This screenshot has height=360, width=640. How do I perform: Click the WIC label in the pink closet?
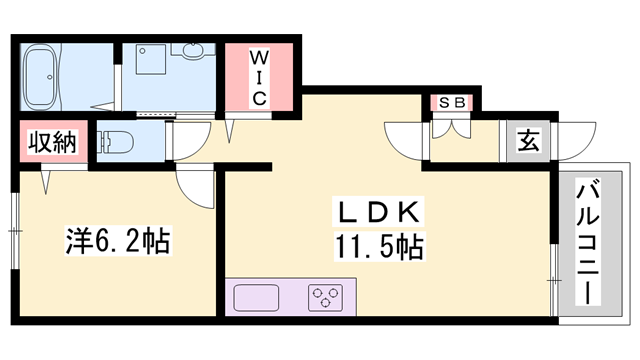256,75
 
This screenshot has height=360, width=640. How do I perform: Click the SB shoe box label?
453,103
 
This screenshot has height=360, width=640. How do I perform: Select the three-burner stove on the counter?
326,297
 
